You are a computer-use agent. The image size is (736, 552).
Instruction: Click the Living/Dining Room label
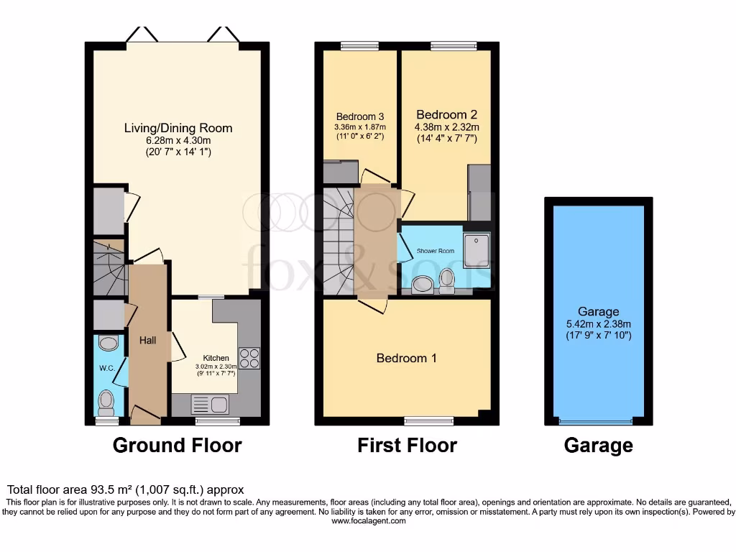click(178, 129)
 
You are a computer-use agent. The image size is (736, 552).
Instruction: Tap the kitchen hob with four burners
click(249, 358)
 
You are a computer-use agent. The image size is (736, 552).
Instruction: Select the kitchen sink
click(210, 405)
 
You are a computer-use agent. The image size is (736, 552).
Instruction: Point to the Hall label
click(147, 340)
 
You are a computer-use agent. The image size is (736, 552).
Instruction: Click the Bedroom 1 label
click(406, 358)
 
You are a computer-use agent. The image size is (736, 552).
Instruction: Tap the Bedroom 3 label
click(359, 116)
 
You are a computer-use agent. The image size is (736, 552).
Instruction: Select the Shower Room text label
click(435, 251)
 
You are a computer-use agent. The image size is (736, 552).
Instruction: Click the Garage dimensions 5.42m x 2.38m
click(598, 324)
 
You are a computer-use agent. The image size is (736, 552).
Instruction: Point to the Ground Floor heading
click(177, 445)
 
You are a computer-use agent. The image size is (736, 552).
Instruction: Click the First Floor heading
click(407, 445)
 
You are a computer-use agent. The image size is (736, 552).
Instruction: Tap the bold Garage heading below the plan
click(598, 446)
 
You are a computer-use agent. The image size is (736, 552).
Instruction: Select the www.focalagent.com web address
click(368, 521)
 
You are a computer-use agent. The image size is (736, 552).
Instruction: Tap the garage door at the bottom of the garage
click(597, 421)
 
